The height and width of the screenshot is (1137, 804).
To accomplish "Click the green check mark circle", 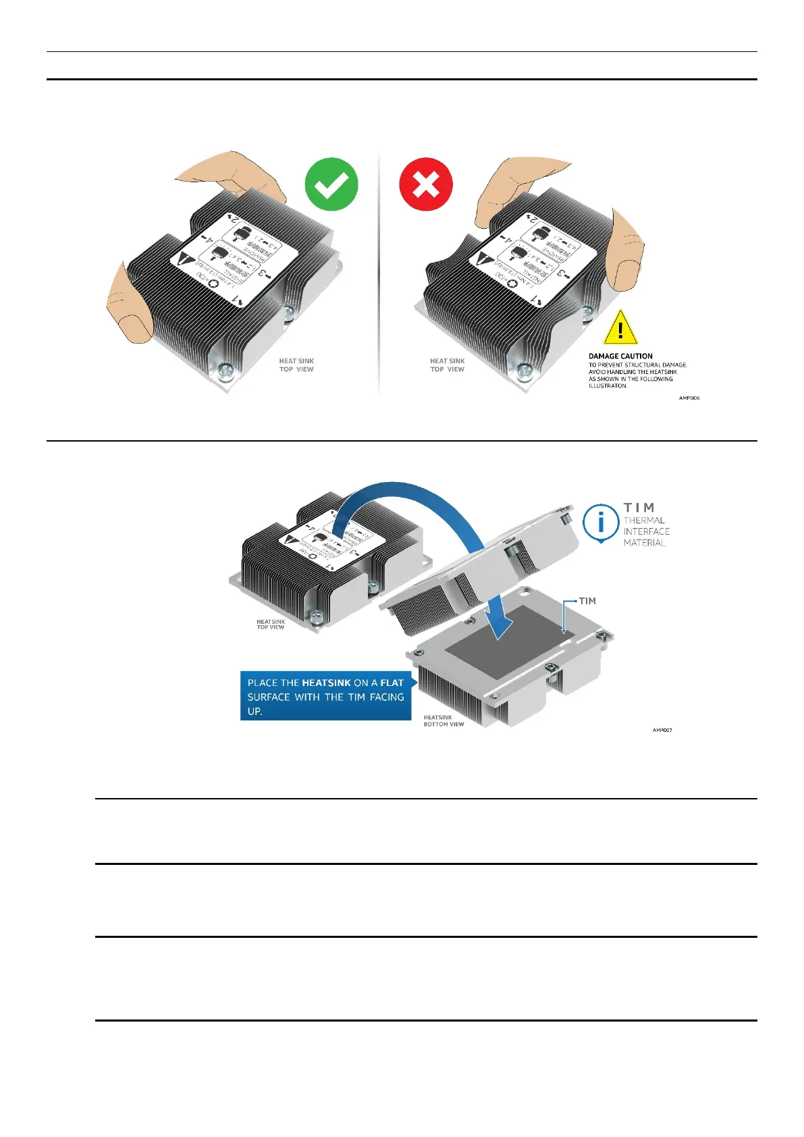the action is (331, 184).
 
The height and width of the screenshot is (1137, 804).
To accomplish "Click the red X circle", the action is (425, 184).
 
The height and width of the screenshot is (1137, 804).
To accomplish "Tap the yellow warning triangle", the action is (620, 328).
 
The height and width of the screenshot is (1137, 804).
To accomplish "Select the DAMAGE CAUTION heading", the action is (620, 356).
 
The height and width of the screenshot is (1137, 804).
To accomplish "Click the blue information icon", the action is (600, 522).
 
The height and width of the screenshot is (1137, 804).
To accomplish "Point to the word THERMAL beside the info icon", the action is (644, 521).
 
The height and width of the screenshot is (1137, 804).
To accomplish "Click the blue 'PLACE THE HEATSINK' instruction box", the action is (325, 696).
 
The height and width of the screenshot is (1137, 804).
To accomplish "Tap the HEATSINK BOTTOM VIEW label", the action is (444, 720).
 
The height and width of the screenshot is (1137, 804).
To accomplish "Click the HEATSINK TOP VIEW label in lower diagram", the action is (271, 625).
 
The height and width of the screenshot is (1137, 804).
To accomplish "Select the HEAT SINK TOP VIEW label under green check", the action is (296, 365).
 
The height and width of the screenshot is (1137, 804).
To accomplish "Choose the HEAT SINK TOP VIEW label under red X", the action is (447, 365).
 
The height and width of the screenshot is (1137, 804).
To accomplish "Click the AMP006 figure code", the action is (689, 398).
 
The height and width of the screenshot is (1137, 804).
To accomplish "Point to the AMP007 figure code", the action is (662, 730).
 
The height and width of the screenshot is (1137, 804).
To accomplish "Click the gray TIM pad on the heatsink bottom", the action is (504, 641).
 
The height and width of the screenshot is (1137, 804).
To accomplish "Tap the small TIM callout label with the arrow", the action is (587, 601).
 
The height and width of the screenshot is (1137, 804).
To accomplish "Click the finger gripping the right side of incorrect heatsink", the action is (625, 250).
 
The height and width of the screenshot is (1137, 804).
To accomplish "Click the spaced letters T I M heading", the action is (639, 507).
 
